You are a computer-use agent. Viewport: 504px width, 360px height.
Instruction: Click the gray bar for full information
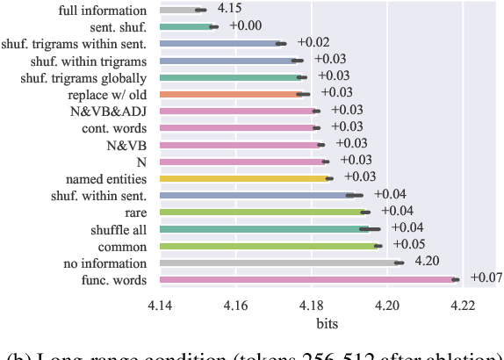180,10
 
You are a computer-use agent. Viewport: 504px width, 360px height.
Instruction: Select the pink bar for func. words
307,279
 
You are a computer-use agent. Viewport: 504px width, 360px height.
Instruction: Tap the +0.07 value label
486,278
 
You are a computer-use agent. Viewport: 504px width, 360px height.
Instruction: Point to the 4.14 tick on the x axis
160,305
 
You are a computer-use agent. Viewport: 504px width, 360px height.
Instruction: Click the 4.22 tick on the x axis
463,305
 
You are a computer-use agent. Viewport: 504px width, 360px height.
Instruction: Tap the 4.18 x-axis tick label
312,305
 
